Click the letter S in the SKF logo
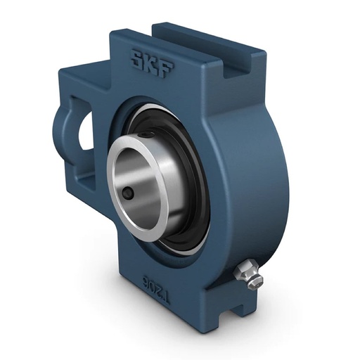click(x=134, y=60)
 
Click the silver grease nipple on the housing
click(x=250, y=273)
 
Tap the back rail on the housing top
click(x=204, y=39)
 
